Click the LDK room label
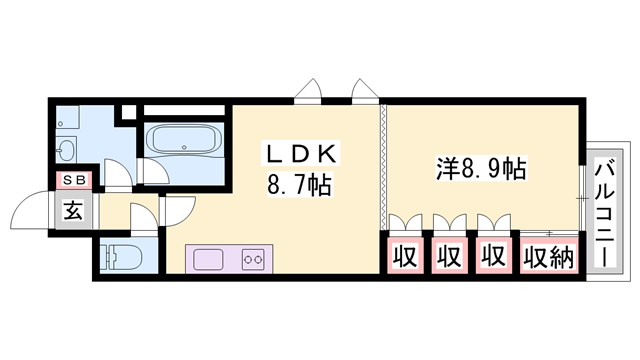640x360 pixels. click(299, 155)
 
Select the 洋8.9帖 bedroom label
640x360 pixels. click(483, 168)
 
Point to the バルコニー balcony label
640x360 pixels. click(604, 213)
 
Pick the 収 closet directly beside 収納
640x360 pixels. click(492, 257)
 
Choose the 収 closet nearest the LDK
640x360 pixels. click(404, 257)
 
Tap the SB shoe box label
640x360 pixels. click(74, 180)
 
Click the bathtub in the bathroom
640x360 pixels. click(184, 139)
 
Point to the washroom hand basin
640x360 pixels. click(66, 150)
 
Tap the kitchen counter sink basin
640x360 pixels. click(211, 258)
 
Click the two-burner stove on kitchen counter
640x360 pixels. click(251, 258)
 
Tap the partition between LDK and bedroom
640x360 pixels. click(381, 165)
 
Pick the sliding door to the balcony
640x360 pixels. click(582, 187)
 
